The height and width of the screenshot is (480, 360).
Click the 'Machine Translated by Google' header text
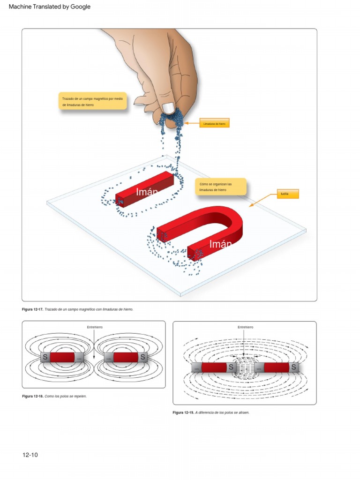coord(49,7)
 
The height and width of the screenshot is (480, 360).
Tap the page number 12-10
coord(30,455)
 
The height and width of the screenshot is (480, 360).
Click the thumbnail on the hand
coord(168,107)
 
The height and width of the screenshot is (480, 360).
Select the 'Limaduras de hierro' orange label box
coord(214,123)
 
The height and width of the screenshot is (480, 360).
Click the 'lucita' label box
coord(287,194)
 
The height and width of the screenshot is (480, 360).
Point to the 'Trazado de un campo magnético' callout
coord(92,101)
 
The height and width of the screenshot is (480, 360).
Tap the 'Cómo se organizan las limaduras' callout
coord(220,187)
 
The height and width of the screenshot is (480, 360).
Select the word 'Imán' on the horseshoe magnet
coord(220,244)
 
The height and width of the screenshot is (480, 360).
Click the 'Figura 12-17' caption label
coord(32,309)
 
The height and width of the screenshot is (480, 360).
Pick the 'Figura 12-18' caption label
coord(32,396)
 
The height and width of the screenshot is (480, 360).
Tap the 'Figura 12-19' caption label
coord(183,412)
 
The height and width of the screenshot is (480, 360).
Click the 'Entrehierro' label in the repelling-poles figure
coord(95,327)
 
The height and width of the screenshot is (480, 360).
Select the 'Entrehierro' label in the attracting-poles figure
coord(245,327)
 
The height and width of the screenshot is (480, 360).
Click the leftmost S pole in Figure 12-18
coord(45,357)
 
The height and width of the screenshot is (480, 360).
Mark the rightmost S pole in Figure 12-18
coord(143,357)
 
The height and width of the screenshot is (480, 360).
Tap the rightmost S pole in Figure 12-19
coord(294,367)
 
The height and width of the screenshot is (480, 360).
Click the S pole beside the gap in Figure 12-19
coord(231,367)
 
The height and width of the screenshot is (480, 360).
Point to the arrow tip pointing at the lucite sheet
coord(250,206)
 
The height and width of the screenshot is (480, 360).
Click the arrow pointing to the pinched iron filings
coord(187,123)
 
